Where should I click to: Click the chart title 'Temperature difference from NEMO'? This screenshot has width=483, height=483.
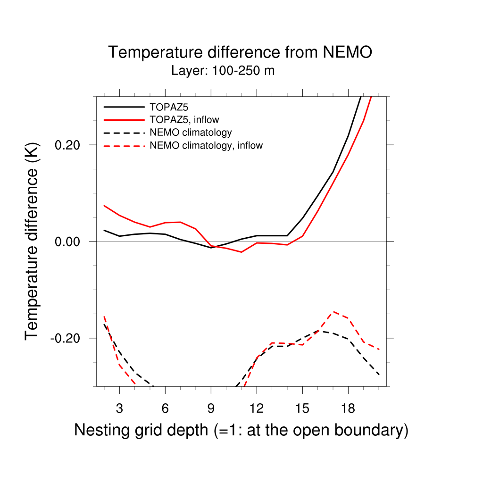point(240,52)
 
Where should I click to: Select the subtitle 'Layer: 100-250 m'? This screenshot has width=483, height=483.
point(223,71)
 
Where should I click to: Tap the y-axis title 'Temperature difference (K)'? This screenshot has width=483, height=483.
point(32,241)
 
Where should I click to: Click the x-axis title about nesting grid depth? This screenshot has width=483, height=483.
point(241,430)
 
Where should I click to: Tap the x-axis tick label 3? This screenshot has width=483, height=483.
point(119,408)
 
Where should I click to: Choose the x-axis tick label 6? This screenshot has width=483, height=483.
point(165,408)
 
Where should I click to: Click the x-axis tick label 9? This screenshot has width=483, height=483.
point(211,408)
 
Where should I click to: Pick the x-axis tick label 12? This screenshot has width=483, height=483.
point(257,408)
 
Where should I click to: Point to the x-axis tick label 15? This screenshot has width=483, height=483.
point(302,408)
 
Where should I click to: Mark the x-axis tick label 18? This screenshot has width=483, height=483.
point(348,408)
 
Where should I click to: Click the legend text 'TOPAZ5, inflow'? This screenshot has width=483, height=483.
point(184,119)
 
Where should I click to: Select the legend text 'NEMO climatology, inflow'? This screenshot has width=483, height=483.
point(206,146)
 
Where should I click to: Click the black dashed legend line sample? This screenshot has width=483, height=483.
point(124,133)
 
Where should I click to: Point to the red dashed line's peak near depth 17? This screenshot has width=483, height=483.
point(333,312)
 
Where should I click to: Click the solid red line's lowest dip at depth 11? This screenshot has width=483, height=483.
point(241,252)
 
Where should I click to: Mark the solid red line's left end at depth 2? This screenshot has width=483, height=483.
point(104,206)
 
